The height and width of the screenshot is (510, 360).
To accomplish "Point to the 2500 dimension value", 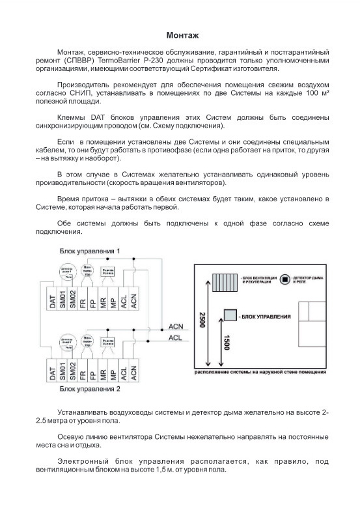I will [202, 322].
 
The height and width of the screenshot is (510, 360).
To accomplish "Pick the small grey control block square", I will [230, 315].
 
